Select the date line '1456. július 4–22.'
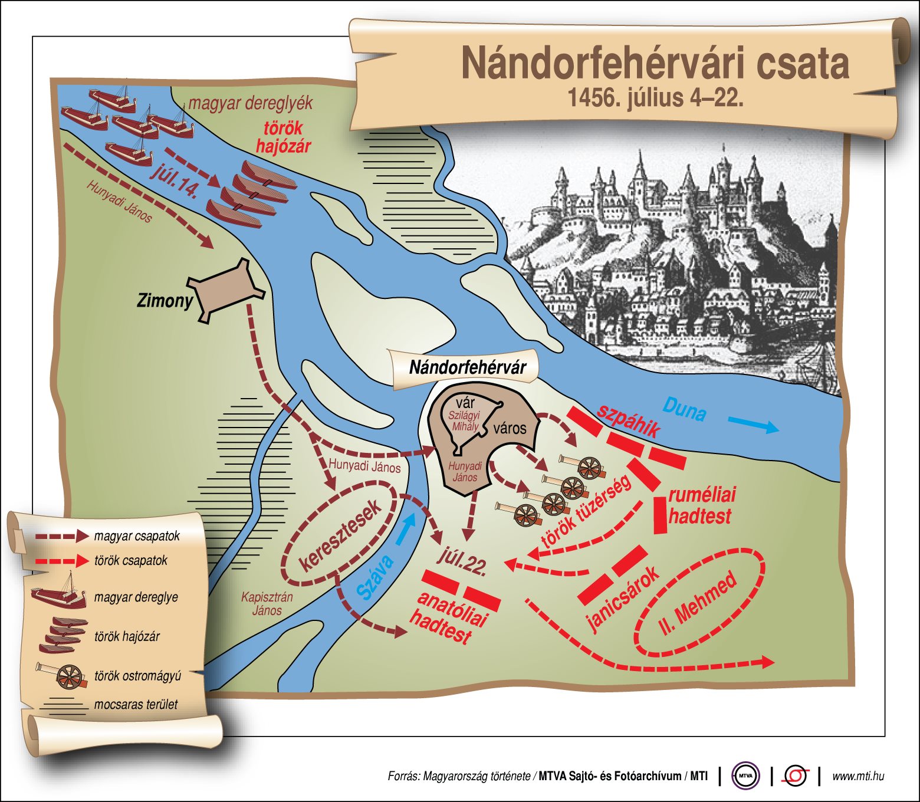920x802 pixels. (x=655, y=98)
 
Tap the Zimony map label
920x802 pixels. (x=165, y=301)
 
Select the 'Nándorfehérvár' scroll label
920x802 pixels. (x=467, y=368)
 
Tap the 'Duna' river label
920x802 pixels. (x=684, y=409)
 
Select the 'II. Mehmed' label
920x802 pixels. (x=698, y=603)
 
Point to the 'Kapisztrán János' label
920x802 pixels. (x=267, y=603)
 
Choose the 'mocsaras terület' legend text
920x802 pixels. (x=136, y=704)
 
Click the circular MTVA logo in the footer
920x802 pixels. (x=745, y=776)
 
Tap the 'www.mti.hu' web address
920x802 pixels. (x=858, y=776)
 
